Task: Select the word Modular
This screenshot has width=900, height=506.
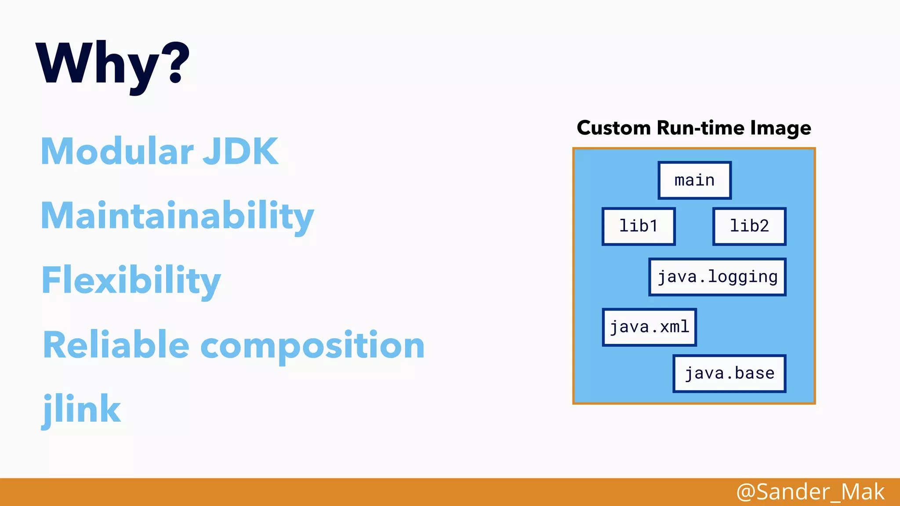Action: tap(117, 151)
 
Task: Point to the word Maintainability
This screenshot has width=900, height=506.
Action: tap(177, 216)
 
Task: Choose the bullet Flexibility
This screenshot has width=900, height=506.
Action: tap(131, 280)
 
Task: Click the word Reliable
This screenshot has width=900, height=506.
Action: tap(116, 345)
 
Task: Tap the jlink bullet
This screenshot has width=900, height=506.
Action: tap(82, 409)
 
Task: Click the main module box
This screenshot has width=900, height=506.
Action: tap(694, 180)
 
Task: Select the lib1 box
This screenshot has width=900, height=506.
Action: tap(638, 226)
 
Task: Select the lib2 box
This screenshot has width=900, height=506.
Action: tap(749, 226)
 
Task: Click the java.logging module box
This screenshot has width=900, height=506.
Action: tap(717, 277)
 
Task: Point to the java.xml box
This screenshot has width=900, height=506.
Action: tap(649, 327)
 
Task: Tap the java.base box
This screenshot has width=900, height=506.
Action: tap(729, 373)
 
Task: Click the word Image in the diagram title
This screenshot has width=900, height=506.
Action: tap(780, 129)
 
